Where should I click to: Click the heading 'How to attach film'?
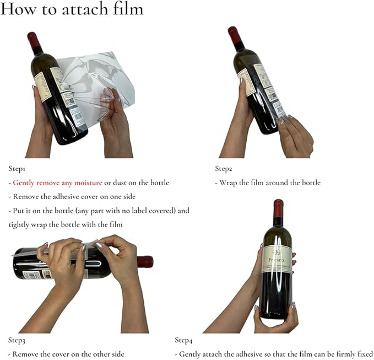73,9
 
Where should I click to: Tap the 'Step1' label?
17,168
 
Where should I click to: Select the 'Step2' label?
224,168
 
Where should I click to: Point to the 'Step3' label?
17,340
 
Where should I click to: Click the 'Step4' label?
185,340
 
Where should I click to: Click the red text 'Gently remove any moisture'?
57,182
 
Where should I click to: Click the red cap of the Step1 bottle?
34,40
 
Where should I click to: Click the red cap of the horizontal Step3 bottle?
145,262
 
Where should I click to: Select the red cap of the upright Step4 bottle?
278,208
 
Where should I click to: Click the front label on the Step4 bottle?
277,259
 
